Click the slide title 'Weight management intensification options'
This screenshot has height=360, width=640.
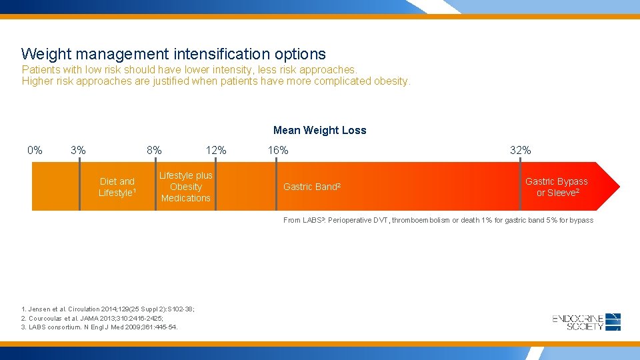[x=173, y=54]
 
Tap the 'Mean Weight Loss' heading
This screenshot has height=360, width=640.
[x=319, y=131]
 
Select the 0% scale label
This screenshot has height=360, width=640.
[x=35, y=151]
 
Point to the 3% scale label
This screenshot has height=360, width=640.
[x=78, y=151]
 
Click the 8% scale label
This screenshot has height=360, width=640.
[x=154, y=151]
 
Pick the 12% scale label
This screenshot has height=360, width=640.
[x=215, y=151]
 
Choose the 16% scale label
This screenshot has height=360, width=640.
[x=278, y=151]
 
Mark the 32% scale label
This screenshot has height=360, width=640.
[x=520, y=151]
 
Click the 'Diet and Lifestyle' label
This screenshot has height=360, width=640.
[x=117, y=187]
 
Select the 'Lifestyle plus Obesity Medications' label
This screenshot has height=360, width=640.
[x=186, y=187]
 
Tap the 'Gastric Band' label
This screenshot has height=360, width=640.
[x=312, y=187]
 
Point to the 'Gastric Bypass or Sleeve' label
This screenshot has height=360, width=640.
[x=557, y=187]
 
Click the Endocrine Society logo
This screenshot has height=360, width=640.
[x=587, y=322]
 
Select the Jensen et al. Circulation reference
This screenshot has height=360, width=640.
[x=107, y=309]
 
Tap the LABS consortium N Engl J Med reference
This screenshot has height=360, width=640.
[x=99, y=327]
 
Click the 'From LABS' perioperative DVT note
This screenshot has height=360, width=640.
[x=438, y=220]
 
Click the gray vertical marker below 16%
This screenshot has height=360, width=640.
[x=277, y=186]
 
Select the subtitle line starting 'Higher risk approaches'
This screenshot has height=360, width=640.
[x=217, y=81]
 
